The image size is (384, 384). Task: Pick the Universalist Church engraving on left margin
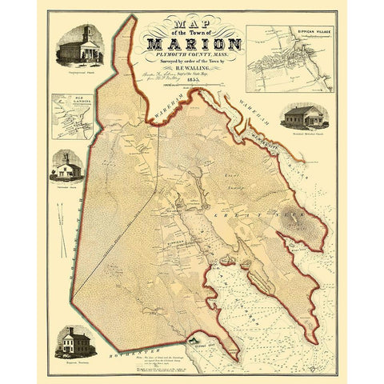click(x=68, y=169)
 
